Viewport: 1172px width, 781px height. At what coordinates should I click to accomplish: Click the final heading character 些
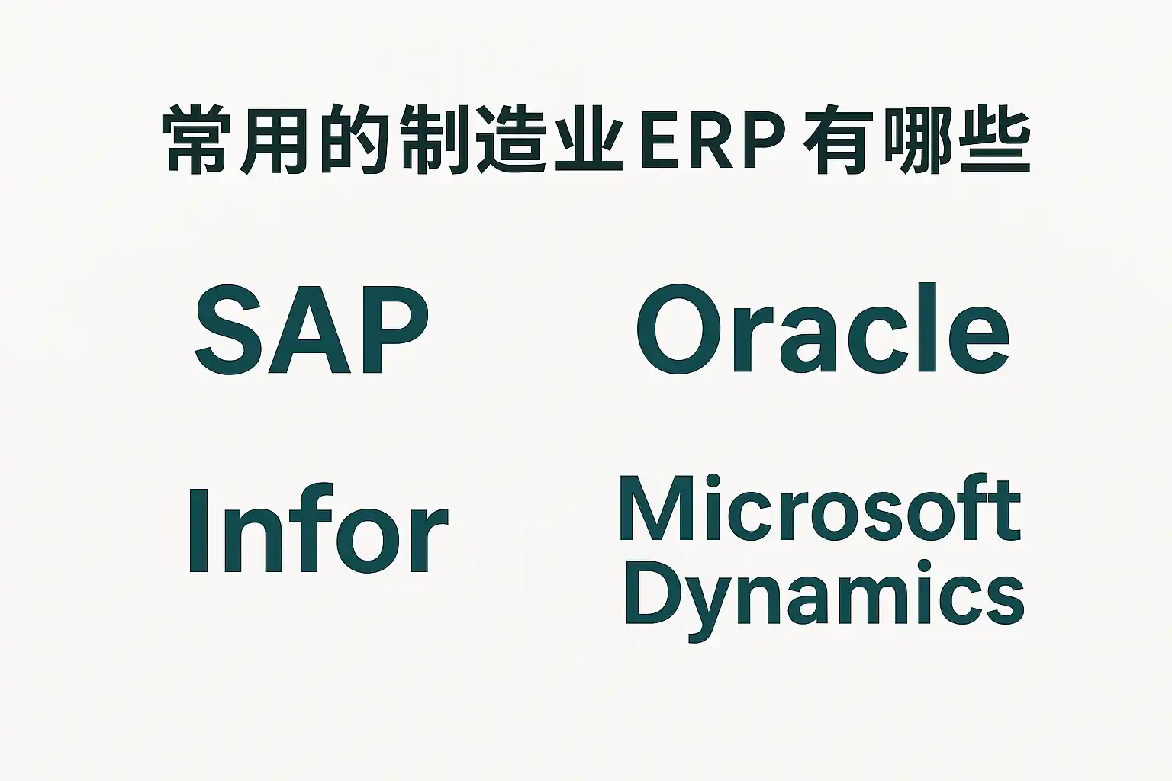(x=994, y=142)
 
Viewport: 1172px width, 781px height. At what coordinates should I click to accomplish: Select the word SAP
(x=311, y=330)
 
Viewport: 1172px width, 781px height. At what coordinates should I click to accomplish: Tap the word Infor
(x=317, y=529)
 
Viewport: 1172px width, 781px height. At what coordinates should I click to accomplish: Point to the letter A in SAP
(x=311, y=330)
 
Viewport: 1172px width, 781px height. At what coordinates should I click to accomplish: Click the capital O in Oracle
(x=678, y=330)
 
